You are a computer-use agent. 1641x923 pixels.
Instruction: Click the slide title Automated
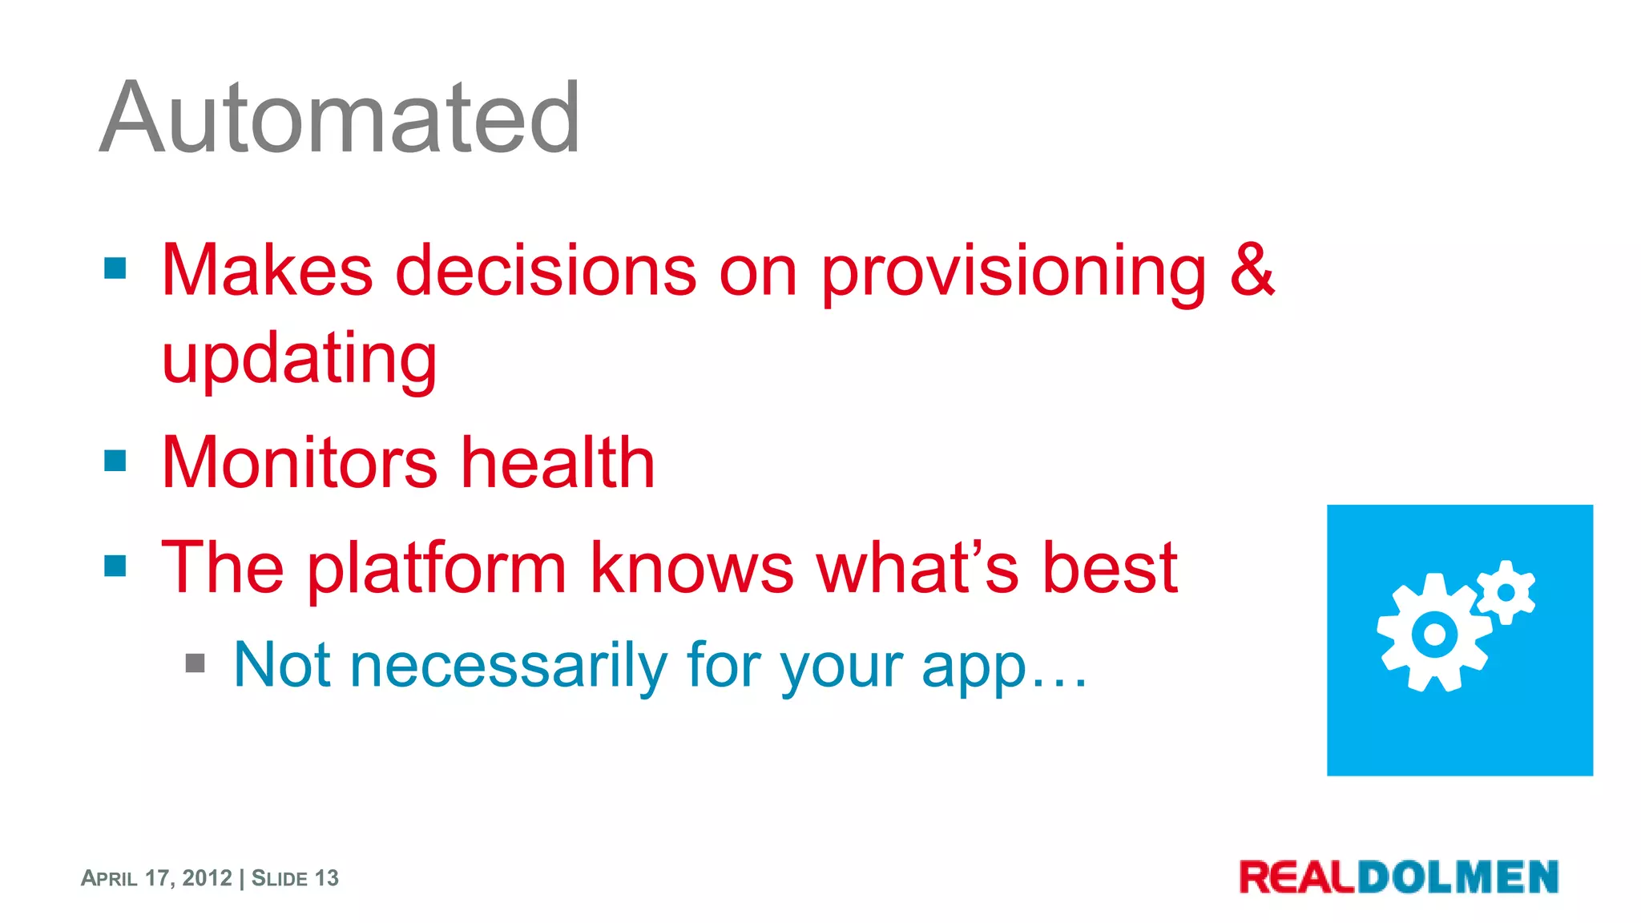point(340,119)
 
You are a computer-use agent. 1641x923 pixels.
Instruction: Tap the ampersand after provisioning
point(1252,271)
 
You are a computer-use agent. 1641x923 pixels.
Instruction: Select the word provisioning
point(1014,272)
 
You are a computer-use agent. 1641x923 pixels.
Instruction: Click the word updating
point(300,359)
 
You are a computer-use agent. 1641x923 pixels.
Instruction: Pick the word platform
point(437,569)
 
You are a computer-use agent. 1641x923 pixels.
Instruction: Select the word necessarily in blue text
point(509,665)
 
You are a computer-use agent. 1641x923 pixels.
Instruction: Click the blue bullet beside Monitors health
point(115,461)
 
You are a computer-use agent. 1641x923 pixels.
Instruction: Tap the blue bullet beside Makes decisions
point(115,268)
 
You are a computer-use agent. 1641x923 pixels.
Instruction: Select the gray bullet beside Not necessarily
point(195,663)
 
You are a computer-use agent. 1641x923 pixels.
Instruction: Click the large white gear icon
point(1434,634)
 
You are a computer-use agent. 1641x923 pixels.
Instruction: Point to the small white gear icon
point(1506,593)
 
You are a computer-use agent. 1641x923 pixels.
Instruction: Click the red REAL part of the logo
point(1297,877)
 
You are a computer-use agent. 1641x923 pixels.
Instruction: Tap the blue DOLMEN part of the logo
point(1458,877)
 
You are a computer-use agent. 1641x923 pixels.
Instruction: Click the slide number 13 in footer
point(326,878)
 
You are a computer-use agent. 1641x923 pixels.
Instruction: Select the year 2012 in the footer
point(207,878)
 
